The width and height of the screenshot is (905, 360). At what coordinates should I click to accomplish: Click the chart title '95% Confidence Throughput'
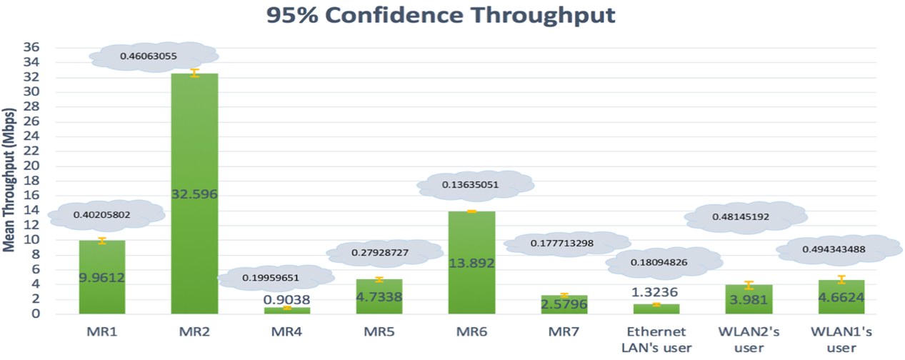[x=441, y=16]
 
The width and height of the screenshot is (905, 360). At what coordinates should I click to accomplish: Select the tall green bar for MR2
[x=194, y=143]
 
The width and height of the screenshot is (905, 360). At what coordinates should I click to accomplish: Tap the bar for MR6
[x=471, y=236]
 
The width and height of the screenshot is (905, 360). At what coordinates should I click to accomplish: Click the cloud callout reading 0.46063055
[x=154, y=56]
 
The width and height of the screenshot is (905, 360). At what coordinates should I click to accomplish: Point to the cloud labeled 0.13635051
[x=475, y=186]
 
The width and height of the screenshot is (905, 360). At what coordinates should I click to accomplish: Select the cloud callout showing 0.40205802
[x=106, y=214]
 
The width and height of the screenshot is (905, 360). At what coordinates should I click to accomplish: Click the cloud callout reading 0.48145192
[x=745, y=216]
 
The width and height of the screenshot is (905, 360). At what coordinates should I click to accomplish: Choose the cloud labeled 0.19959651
[x=276, y=278]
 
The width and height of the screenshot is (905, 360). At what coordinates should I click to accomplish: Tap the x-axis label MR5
[x=379, y=332]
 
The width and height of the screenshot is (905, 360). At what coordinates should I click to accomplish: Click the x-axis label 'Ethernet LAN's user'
[x=656, y=339]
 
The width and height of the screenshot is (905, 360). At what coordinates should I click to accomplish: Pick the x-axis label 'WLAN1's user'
[x=841, y=339]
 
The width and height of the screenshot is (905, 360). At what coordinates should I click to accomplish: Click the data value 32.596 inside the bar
[x=194, y=194]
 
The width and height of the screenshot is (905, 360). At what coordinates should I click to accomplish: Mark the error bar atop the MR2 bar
[x=194, y=73]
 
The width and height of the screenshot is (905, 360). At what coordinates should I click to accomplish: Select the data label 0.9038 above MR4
[x=286, y=299]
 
